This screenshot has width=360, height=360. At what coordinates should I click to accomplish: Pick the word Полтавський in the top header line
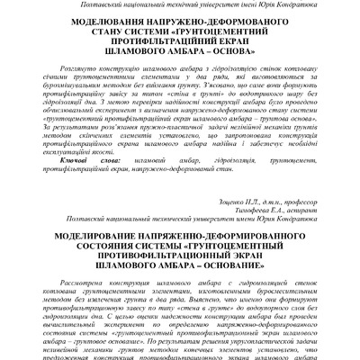point(54,6)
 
